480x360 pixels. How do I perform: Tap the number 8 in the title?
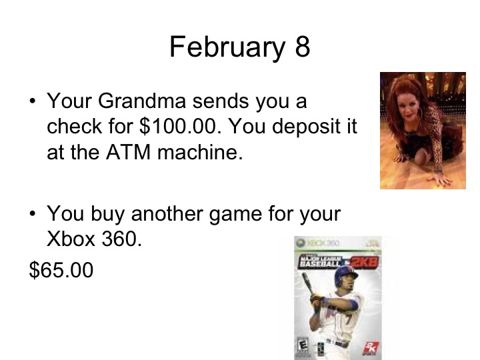pos(301,47)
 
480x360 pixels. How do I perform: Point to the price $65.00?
pos(61,270)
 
